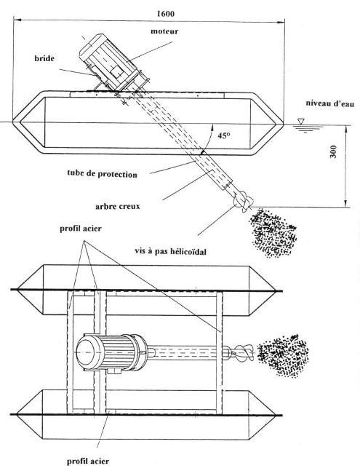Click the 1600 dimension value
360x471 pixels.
(x=166, y=14)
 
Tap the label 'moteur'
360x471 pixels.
(x=164, y=31)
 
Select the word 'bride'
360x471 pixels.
(x=44, y=58)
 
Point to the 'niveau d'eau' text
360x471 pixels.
(x=330, y=103)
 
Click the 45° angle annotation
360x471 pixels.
(x=224, y=136)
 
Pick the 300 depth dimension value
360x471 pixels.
(x=333, y=152)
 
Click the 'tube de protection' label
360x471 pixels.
(x=103, y=173)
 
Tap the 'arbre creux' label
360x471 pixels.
(x=118, y=207)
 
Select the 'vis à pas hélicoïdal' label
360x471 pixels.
(x=170, y=251)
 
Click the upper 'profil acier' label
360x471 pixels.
(x=81, y=229)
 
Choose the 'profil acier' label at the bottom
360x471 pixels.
(x=88, y=462)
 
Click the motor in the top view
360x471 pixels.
(x=111, y=352)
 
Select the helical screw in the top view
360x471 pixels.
(x=242, y=352)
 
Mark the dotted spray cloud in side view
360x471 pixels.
(x=273, y=233)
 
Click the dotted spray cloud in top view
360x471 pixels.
(x=283, y=355)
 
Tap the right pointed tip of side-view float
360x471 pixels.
(x=283, y=122)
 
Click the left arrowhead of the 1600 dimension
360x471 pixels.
(x=15, y=20)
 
